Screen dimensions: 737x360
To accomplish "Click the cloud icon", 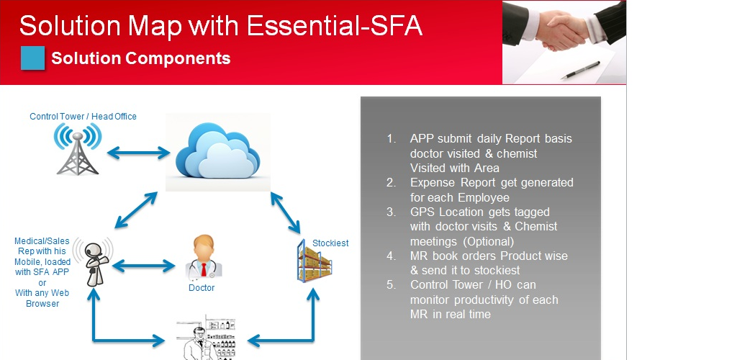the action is pyautogui.click(x=217, y=152).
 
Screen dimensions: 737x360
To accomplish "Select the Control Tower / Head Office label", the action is pyautogui.click(x=83, y=116).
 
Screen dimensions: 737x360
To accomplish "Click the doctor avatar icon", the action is pyautogui.click(x=204, y=256).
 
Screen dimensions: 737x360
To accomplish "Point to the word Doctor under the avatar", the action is pyautogui.click(x=202, y=287).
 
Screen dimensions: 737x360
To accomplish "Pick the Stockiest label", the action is pyautogui.click(x=330, y=243).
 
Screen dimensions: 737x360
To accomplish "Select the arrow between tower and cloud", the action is pyautogui.click(x=138, y=152).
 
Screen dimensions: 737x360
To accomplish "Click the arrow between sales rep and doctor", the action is pyautogui.click(x=144, y=266).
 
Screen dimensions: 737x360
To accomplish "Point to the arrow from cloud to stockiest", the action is pyautogui.click(x=285, y=212).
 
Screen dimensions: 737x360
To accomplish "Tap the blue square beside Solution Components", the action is pyautogui.click(x=33, y=58).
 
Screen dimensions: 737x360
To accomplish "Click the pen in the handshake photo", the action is pyautogui.click(x=581, y=70).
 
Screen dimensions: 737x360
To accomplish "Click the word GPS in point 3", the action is pyautogui.click(x=423, y=212).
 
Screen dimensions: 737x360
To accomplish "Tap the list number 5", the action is pyautogui.click(x=392, y=285).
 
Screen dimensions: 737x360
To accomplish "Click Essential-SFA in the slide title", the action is pyautogui.click(x=334, y=26).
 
